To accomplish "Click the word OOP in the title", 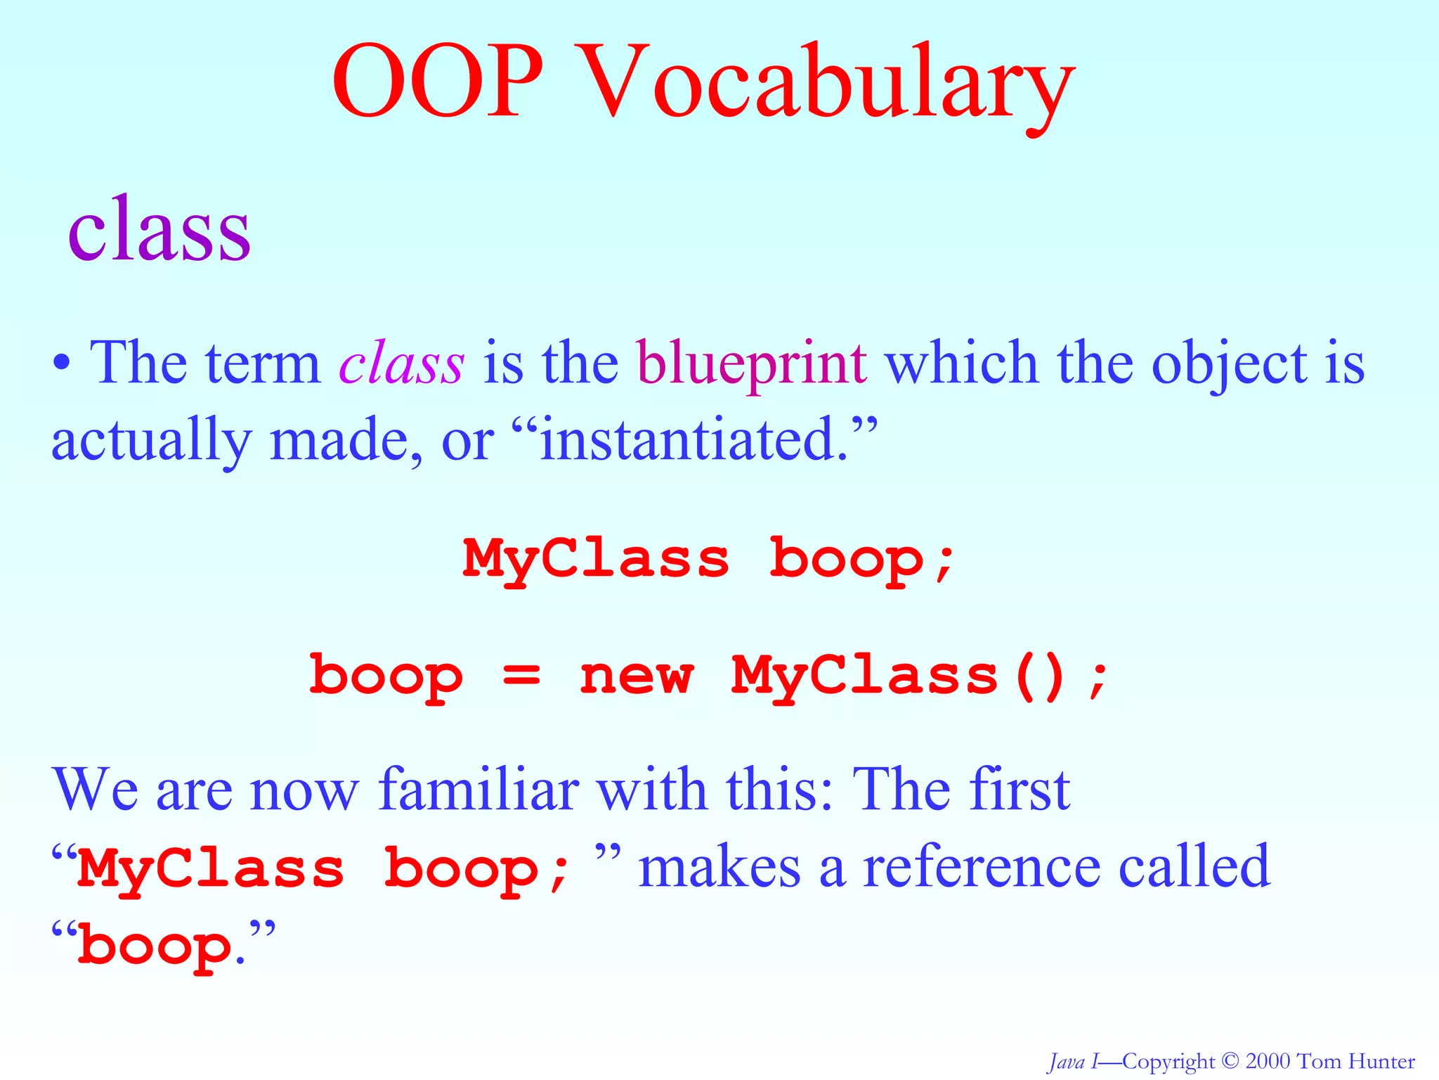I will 437,83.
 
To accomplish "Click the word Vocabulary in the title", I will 829,83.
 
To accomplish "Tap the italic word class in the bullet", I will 401,364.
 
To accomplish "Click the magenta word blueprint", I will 752,364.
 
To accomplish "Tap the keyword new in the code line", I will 637,675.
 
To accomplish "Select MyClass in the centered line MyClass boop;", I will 596,559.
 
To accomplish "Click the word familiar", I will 478,789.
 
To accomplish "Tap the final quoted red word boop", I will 155,946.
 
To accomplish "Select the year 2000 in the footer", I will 1268,1061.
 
